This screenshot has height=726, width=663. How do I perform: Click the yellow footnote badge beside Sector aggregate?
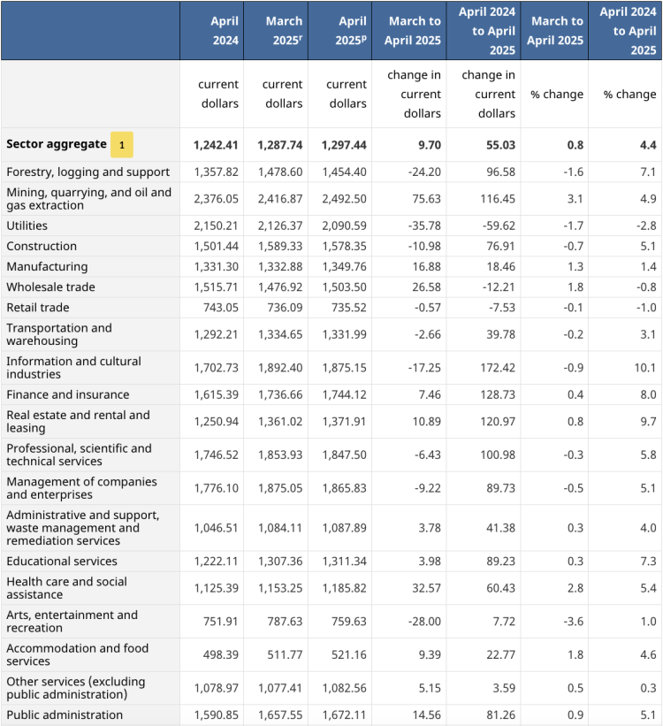tap(122, 144)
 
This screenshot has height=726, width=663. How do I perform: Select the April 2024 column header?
tap(212, 30)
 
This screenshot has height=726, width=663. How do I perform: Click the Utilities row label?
tap(28, 225)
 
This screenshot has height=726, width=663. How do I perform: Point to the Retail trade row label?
tap(37, 307)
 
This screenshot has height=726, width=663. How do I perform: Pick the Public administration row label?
tap(65, 715)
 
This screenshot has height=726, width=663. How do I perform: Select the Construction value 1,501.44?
tap(217, 246)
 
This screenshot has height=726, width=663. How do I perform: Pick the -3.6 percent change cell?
tap(571, 622)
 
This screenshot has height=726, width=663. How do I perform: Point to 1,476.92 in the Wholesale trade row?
tap(279, 287)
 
